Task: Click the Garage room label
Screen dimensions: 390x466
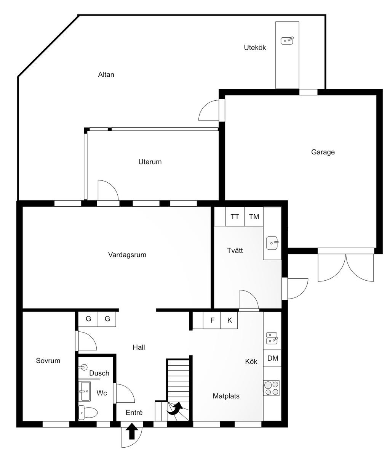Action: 323,152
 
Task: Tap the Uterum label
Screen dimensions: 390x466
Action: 150,162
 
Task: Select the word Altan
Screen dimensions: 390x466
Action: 106,74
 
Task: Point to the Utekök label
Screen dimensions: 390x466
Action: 255,48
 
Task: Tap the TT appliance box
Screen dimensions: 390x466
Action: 235,217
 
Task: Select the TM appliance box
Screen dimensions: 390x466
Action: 254,217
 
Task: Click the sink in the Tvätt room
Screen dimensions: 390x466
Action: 272,243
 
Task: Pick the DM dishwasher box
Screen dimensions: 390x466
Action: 272,358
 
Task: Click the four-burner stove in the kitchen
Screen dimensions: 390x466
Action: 272,388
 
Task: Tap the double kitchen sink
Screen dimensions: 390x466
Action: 272,338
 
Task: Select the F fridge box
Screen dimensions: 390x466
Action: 212,320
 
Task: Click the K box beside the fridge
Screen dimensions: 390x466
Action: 229,320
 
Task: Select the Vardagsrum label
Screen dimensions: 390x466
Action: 127,255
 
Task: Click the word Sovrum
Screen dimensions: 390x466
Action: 48,361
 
